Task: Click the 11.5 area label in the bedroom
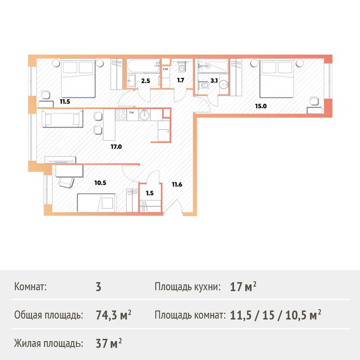tap(65, 102)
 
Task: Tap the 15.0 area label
tap(261, 106)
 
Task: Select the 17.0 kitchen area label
tap(116, 147)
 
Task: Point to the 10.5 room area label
tap(100, 183)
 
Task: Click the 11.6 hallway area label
tap(177, 184)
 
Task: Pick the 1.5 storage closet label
tap(150, 193)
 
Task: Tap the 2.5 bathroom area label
tap(145, 81)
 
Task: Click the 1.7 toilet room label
tap(180, 80)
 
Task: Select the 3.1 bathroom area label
tap(214, 81)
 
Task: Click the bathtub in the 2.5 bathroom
tap(143, 66)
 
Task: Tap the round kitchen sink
tap(144, 114)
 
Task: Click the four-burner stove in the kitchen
tap(121, 114)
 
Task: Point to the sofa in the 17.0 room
tap(62, 118)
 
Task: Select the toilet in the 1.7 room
tap(182, 67)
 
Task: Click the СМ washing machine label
tap(165, 69)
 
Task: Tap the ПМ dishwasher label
tap(132, 112)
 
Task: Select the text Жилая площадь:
tap(49, 343)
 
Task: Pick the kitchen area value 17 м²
tap(243, 287)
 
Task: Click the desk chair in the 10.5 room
tap(66, 182)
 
